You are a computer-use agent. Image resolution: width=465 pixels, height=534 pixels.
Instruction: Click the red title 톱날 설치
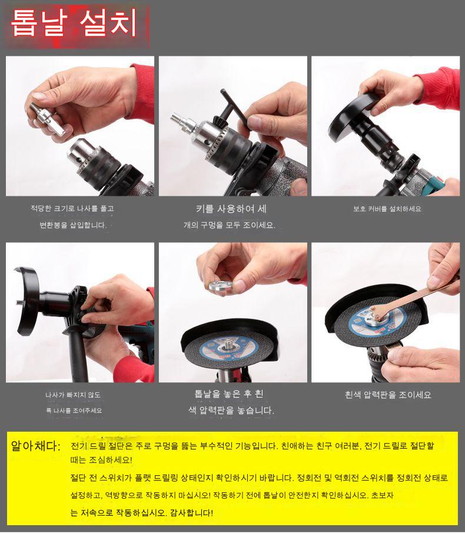(x=74, y=23)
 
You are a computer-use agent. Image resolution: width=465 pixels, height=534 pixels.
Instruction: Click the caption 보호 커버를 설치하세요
(x=387, y=209)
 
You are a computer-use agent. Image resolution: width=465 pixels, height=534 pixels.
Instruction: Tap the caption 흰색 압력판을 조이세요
(x=388, y=395)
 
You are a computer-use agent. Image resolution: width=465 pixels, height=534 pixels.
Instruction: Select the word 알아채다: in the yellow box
(x=36, y=446)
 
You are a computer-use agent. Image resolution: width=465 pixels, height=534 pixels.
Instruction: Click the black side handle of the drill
(x=77, y=354)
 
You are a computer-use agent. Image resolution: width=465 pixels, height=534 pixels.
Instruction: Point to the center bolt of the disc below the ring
(x=227, y=345)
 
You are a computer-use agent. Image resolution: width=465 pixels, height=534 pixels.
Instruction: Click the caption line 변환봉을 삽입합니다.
(x=73, y=225)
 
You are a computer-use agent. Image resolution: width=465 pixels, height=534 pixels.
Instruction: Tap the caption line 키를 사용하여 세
(x=231, y=209)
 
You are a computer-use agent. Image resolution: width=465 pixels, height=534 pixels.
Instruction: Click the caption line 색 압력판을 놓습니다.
(x=231, y=410)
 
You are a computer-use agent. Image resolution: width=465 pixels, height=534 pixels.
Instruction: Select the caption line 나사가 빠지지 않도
(x=73, y=395)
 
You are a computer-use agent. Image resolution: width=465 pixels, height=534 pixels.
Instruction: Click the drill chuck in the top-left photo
(x=92, y=159)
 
